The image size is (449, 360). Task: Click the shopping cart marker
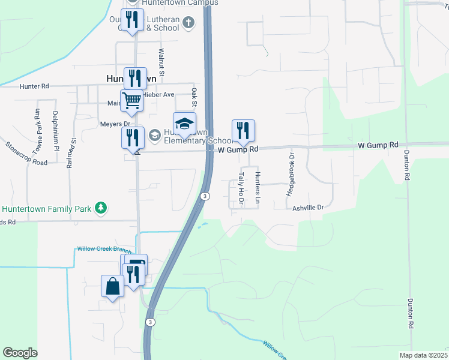(131, 100)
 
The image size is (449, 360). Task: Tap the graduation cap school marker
(185, 123)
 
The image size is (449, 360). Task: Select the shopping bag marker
(113, 286)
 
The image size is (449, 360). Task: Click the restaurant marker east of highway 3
(243, 130)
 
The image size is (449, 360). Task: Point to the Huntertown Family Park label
(46, 209)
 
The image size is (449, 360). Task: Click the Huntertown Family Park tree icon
(102, 208)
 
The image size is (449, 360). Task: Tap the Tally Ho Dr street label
(240, 188)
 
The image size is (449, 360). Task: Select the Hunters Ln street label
(256, 188)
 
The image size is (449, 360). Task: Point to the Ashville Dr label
(308, 207)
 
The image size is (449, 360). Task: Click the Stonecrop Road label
(26, 154)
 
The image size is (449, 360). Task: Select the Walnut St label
(161, 59)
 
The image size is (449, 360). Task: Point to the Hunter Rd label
(34, 86)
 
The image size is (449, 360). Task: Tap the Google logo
(20, 353)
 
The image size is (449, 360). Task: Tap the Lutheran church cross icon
(188, 23)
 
